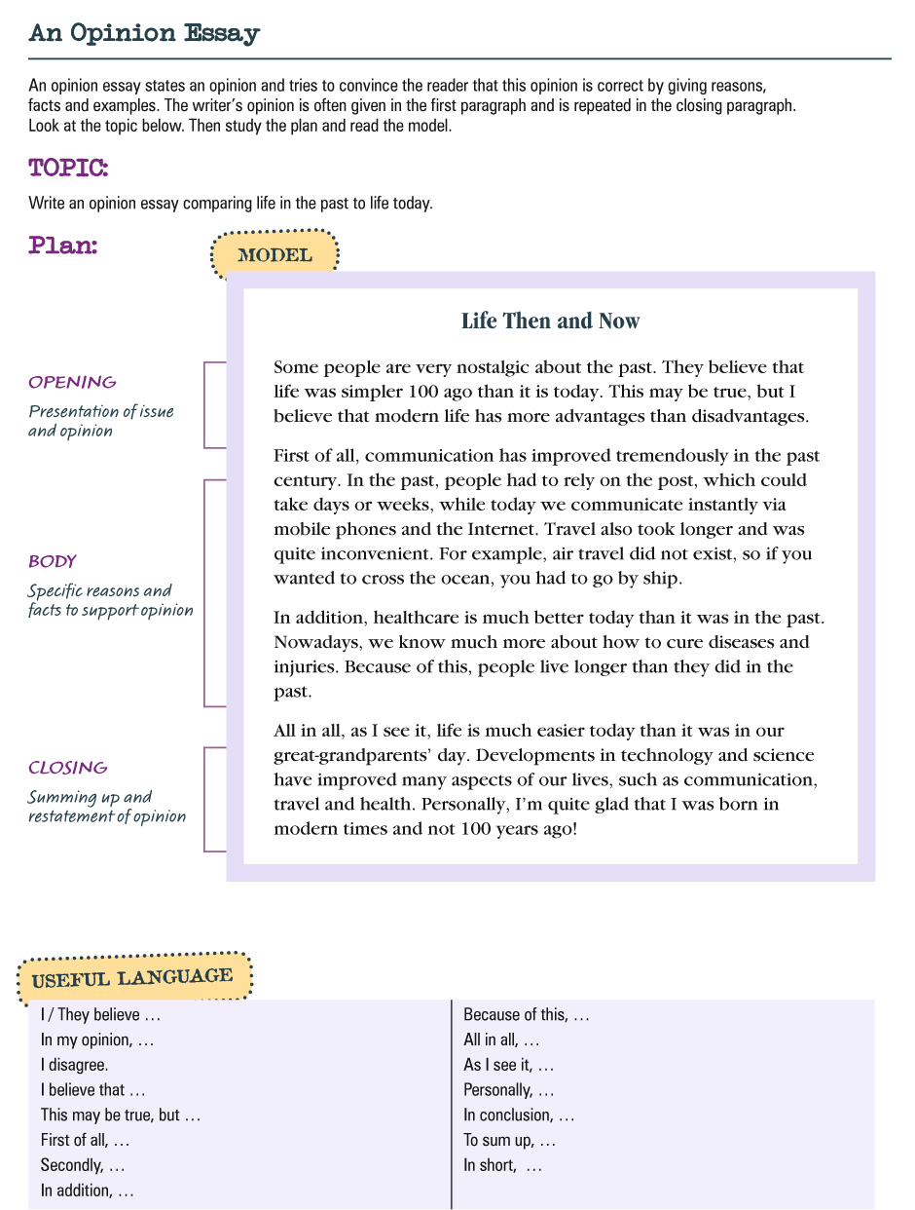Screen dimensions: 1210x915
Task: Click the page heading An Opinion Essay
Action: point(144,33)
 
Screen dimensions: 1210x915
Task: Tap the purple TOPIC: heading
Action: point(68,168)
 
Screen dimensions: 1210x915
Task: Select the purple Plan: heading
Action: point(63,246)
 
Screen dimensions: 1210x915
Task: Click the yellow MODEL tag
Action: point(274,256)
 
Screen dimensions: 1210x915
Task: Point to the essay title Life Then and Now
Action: point(550,321)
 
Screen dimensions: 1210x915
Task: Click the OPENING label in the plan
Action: point(72,382)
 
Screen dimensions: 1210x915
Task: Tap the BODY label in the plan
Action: point(53,561)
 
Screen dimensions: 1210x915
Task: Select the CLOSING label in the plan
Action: point(68,768)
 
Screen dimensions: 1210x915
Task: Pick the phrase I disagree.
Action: point(74,1065)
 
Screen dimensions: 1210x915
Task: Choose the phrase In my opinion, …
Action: point(97,1040)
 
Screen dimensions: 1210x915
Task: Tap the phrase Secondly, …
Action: point(83,1165)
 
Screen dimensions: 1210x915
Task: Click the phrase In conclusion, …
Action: point(519,1115)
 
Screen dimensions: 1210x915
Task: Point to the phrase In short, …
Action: point(502,1165)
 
